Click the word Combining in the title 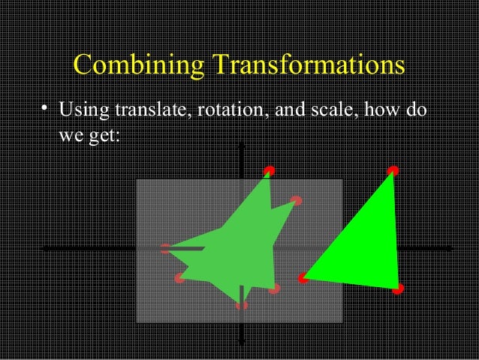coord(139,66)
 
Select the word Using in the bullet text coord(83,113)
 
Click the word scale coord(339,112)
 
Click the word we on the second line coord(70,138)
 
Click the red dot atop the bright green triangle coord(393,171)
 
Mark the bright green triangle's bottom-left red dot coord(303,278)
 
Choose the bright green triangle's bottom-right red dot coord(398,288)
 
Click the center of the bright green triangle coord(364,248)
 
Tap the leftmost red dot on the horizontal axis coord(166,249)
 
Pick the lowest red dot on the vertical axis coord(241,304)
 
